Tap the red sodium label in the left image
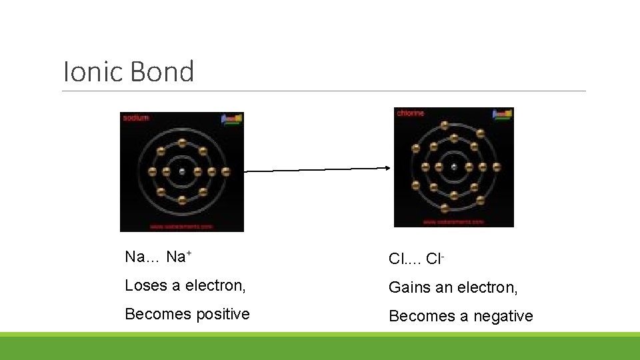coord(135,118)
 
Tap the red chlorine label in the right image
coord(410,113)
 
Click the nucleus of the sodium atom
coord(182,171)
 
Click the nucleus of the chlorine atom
coord(454,167)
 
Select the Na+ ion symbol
coord(179,257)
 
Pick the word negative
coord(503,316)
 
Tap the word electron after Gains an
coord(485,287)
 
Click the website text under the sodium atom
coord(181,227)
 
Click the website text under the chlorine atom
coord(453,221)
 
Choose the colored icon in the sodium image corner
coord(232,119)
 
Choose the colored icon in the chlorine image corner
coord(503,114)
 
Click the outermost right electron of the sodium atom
coord(226,171)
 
